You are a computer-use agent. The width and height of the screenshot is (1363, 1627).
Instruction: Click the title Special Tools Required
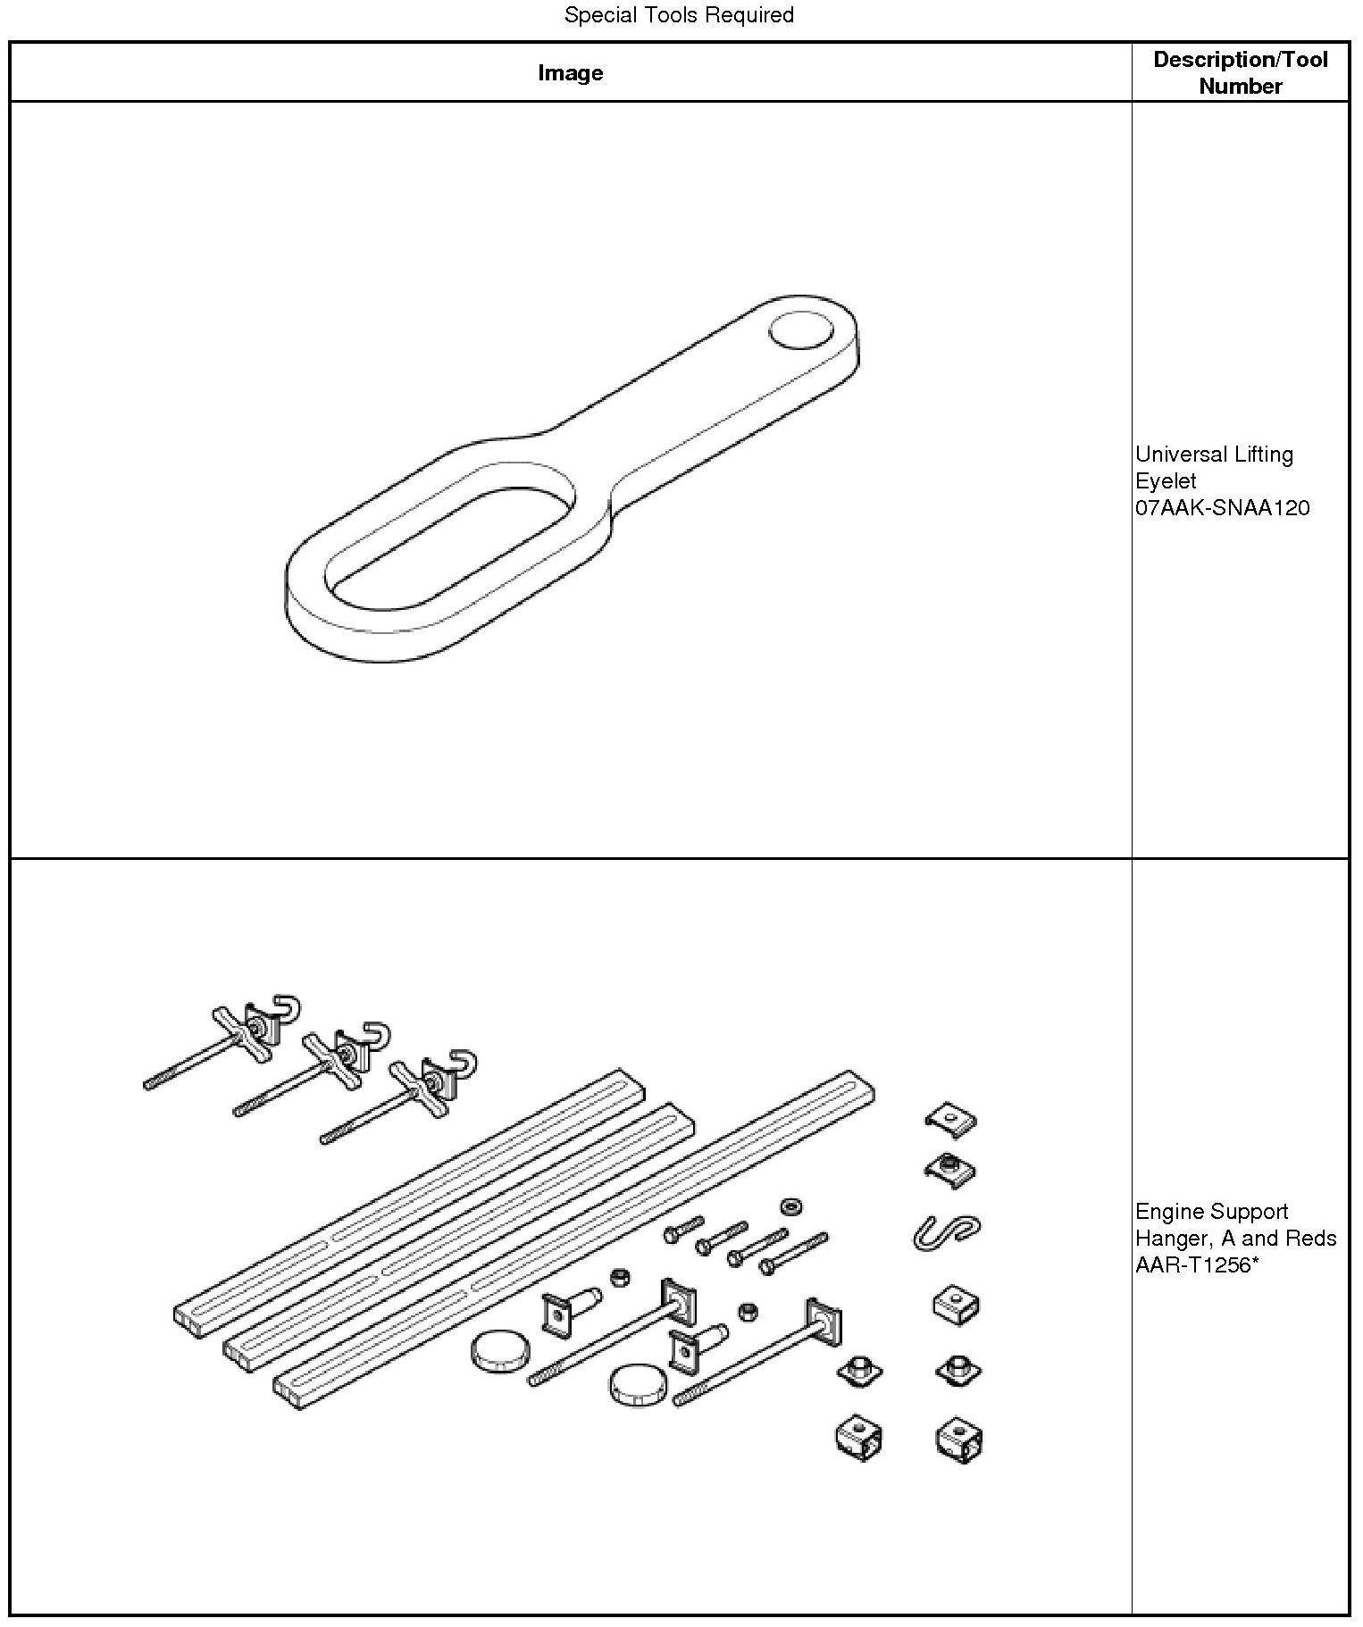(x=679, y=15)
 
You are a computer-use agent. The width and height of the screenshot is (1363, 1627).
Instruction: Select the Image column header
(x=570, y=73)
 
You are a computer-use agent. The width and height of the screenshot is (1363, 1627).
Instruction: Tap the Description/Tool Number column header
(x=1240, y=73)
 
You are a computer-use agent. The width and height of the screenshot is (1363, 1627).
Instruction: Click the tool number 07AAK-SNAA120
(x=1222, y=508)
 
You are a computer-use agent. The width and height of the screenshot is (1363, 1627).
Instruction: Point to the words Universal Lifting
(x=1214, y=455)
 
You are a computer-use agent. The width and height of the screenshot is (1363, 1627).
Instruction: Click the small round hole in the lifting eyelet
(x=801, y=330)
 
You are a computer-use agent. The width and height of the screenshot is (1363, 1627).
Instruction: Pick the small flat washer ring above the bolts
(x=790, y=1207)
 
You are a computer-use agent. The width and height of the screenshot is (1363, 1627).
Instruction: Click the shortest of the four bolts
(x=683, y=1231)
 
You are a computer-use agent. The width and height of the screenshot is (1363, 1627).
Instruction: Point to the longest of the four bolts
(x=793, y=1253)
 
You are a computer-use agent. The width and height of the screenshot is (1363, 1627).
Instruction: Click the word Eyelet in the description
(x=1166, y=481)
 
